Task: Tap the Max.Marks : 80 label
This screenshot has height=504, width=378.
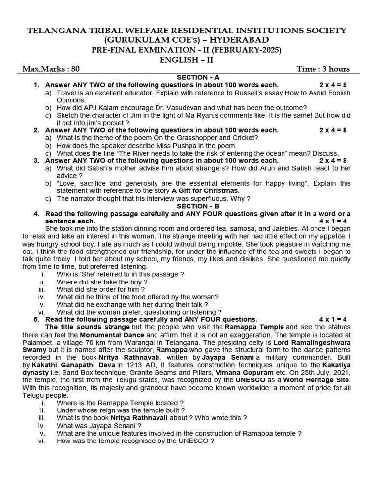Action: click(51, 69)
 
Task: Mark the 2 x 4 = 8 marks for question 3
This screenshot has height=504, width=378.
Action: click(333, 160)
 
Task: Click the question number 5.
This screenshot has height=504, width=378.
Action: click(36, 319)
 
